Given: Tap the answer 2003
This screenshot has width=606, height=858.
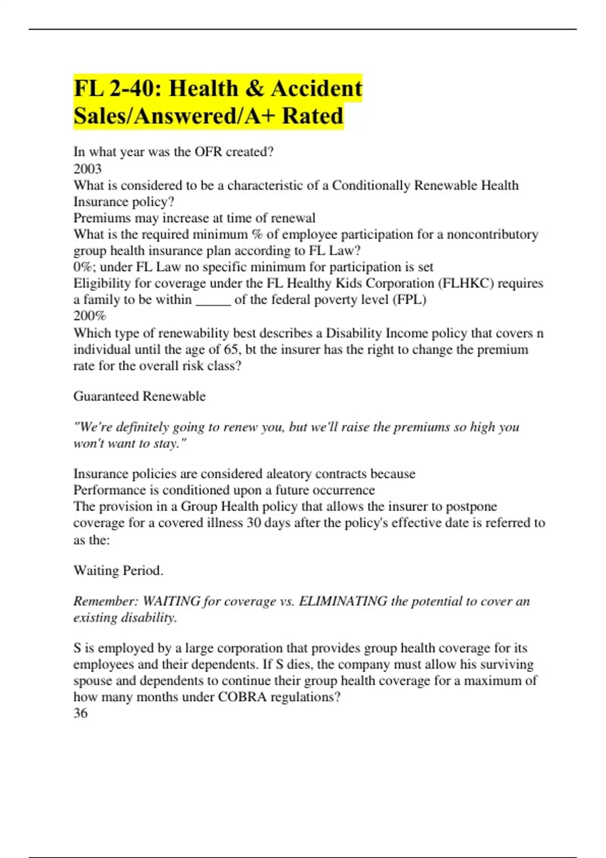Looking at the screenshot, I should click(x=87, y=169).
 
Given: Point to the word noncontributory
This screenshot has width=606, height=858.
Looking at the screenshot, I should click(x=492, y=234).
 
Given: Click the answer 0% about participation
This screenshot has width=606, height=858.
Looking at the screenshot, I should click(x=83, y=267).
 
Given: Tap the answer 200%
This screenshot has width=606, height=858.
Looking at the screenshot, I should click(x=90, y=316).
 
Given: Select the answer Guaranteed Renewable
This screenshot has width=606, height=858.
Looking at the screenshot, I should click(x=139, y=396).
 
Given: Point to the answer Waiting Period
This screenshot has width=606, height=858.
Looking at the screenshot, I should click(x=118, y=571).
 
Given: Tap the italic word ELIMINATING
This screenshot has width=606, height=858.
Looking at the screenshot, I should click(x=343, y=601).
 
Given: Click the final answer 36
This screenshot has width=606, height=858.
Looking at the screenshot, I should click(x=80, y=713).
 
